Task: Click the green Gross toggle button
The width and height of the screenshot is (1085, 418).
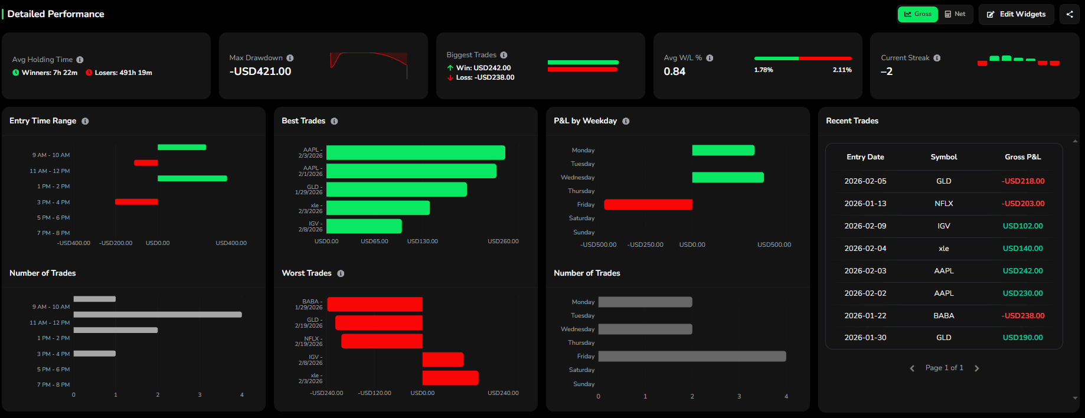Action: tap(917, 14)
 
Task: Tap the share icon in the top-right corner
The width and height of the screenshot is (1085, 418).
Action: tap(1070, 14)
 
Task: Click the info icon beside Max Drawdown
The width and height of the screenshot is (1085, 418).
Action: tap(290, 58)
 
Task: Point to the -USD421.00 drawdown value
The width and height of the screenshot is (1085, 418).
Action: tap(260, 71)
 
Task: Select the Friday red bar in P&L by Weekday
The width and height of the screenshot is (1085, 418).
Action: tap(648, 204)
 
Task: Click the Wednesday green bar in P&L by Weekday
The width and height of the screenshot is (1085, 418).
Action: tap(727, 177)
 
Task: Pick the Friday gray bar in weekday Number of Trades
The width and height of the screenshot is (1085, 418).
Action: tap(692, 356)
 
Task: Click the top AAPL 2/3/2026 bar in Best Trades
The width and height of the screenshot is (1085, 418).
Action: tap(416, 153)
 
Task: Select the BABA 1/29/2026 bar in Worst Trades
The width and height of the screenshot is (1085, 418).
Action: tap(375, 304)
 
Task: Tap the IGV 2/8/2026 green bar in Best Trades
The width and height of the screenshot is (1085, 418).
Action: tap(364, 226)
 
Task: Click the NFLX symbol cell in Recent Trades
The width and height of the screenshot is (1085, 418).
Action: tap(943, 203)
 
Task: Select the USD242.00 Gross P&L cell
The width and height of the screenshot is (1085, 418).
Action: tap(1022, 270)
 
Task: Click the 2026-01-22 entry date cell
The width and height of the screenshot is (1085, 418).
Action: tap(865, 315)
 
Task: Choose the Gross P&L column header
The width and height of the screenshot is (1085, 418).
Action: tap(1022, 157)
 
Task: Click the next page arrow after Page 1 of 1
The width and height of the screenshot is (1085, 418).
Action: tap(976, 368)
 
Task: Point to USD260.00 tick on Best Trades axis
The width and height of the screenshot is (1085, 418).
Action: tap(503, 241)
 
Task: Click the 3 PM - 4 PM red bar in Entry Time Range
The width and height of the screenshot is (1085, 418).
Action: tap(136, 202)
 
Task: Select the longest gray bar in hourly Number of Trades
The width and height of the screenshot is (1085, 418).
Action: tap(158, 315)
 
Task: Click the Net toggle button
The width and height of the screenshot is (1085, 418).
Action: tap(955, 14)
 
